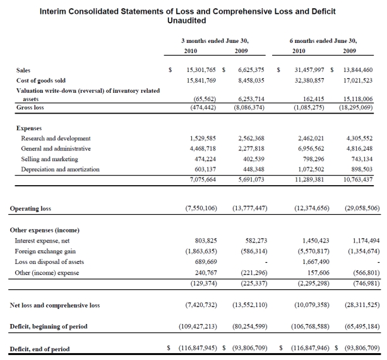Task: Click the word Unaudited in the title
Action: pyautogui.click(x=187, y=21)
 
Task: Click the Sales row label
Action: pyautogui.click(x=23, y=69)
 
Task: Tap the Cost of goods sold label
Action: pyautogui.click(x=40, y=80)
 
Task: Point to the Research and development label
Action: pyautogui.click(x=56, y=138)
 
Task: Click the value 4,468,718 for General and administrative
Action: pyautogui.click(x=204, y=148)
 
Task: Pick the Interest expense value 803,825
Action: pyautogui.click(x=206, y=240)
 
